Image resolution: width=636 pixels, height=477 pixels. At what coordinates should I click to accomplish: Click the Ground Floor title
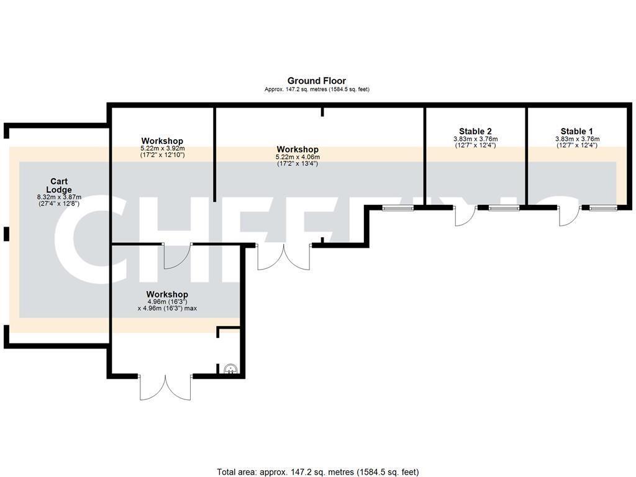pos(316,81)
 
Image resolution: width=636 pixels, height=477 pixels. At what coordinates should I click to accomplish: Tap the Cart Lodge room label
pos(60,186)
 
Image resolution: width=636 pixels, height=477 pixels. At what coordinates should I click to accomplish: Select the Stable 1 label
pos(576,131)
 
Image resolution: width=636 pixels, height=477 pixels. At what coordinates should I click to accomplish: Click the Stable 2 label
pos(475,131)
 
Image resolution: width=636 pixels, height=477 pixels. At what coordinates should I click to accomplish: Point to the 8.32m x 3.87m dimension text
pos(60,198)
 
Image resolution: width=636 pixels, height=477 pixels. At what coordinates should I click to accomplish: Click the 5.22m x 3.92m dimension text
pos(162,149)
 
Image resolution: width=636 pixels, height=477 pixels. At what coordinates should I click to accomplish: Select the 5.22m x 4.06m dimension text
pos(298,158)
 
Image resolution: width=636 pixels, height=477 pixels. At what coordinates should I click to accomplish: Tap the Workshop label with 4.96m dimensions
pos(167,294)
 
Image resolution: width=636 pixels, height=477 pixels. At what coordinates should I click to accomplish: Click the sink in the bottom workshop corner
pos(230,370)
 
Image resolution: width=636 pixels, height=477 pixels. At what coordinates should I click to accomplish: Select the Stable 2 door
pos(465,216)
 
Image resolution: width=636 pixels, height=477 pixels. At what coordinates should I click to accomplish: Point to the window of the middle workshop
pos(397,207)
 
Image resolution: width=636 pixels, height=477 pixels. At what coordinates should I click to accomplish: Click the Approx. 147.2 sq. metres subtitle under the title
pos(317,89)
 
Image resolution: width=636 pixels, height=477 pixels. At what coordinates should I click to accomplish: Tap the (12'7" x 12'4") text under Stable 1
pos(576,145)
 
